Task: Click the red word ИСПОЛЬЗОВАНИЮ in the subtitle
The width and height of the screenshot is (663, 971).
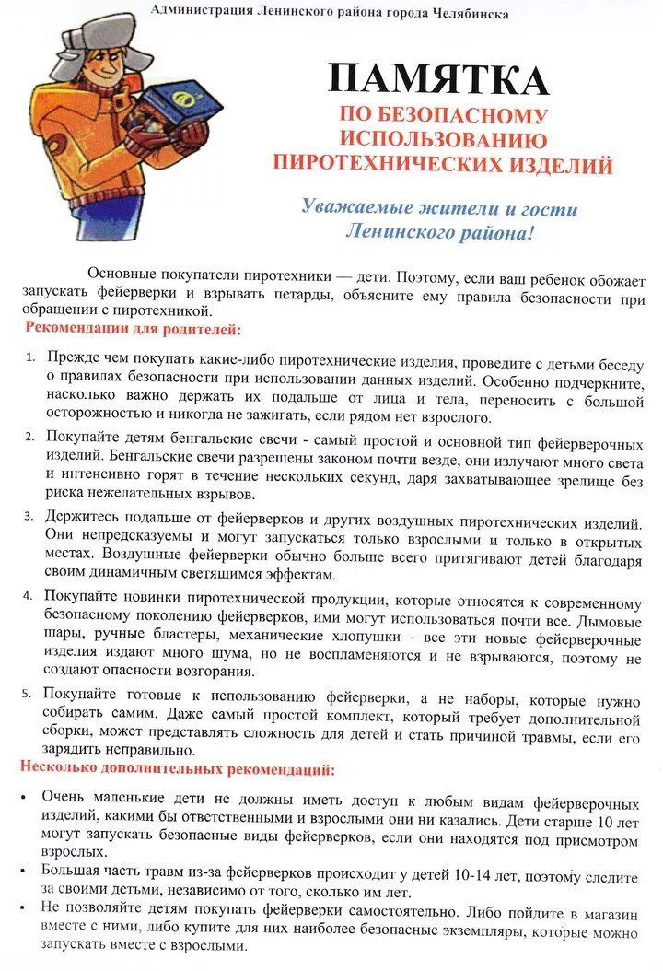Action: click(x=444, y=140)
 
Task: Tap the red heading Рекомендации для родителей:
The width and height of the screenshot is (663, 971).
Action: click(x=134, y=329)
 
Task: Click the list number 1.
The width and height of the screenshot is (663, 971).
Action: click(x=29, y=357)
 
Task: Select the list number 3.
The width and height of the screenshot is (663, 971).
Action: click(x=29, y=515)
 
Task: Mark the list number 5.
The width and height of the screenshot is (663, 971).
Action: click(x=29, y=693)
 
